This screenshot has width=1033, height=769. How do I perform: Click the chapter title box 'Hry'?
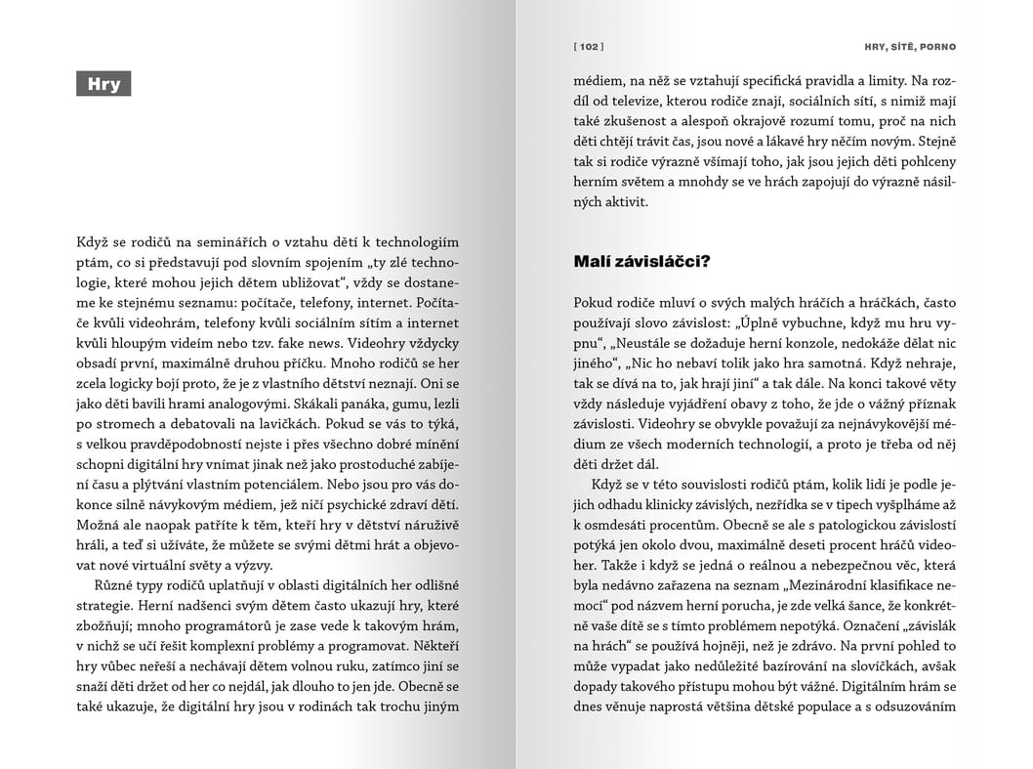pos(103,84)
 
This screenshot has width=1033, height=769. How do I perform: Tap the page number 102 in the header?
pos(589,46)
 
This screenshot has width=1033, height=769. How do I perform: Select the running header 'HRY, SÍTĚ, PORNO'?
pos(910,46)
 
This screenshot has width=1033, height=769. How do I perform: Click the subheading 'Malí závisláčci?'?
pos(640,262)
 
